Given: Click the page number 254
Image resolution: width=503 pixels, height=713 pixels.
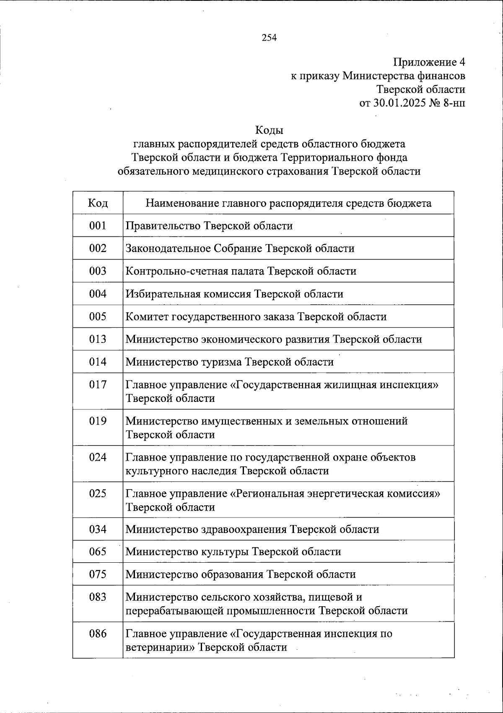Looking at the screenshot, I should click(269, 38).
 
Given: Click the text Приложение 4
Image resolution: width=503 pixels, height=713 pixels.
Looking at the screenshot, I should click(429, 62).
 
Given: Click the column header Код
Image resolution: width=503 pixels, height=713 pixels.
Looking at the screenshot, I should click(98, 203).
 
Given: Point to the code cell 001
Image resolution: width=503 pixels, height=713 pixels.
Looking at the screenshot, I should click(98, 226).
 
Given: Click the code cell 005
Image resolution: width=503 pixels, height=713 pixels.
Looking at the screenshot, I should click(98, 316).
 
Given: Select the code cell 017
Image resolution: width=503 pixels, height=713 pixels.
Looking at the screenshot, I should click(98, 384).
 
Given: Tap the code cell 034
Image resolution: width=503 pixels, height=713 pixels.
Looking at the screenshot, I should click(98, 529).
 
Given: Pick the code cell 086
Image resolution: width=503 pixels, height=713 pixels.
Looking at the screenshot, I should click(98, 633).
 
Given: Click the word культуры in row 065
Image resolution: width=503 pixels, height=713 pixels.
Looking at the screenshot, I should click(224, 551).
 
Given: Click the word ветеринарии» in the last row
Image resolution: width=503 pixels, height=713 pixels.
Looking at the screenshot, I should click(160, 647).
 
